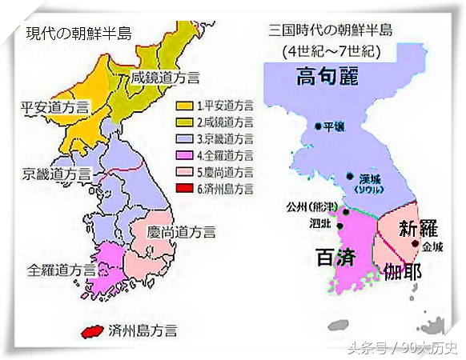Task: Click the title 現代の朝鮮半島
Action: tap(78, 33)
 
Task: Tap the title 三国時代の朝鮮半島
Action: tap(331, 31)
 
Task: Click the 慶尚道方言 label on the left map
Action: tap(181, 232)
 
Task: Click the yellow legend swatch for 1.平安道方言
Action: tap(183, 106)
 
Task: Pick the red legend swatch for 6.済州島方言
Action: tap(183, 190)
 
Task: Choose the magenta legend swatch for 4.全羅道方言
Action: tap(183, 156)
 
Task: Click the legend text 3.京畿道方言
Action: tap(223, 139)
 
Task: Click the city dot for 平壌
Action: tap(319, 126)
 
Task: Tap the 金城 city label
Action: tap(432, 246)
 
